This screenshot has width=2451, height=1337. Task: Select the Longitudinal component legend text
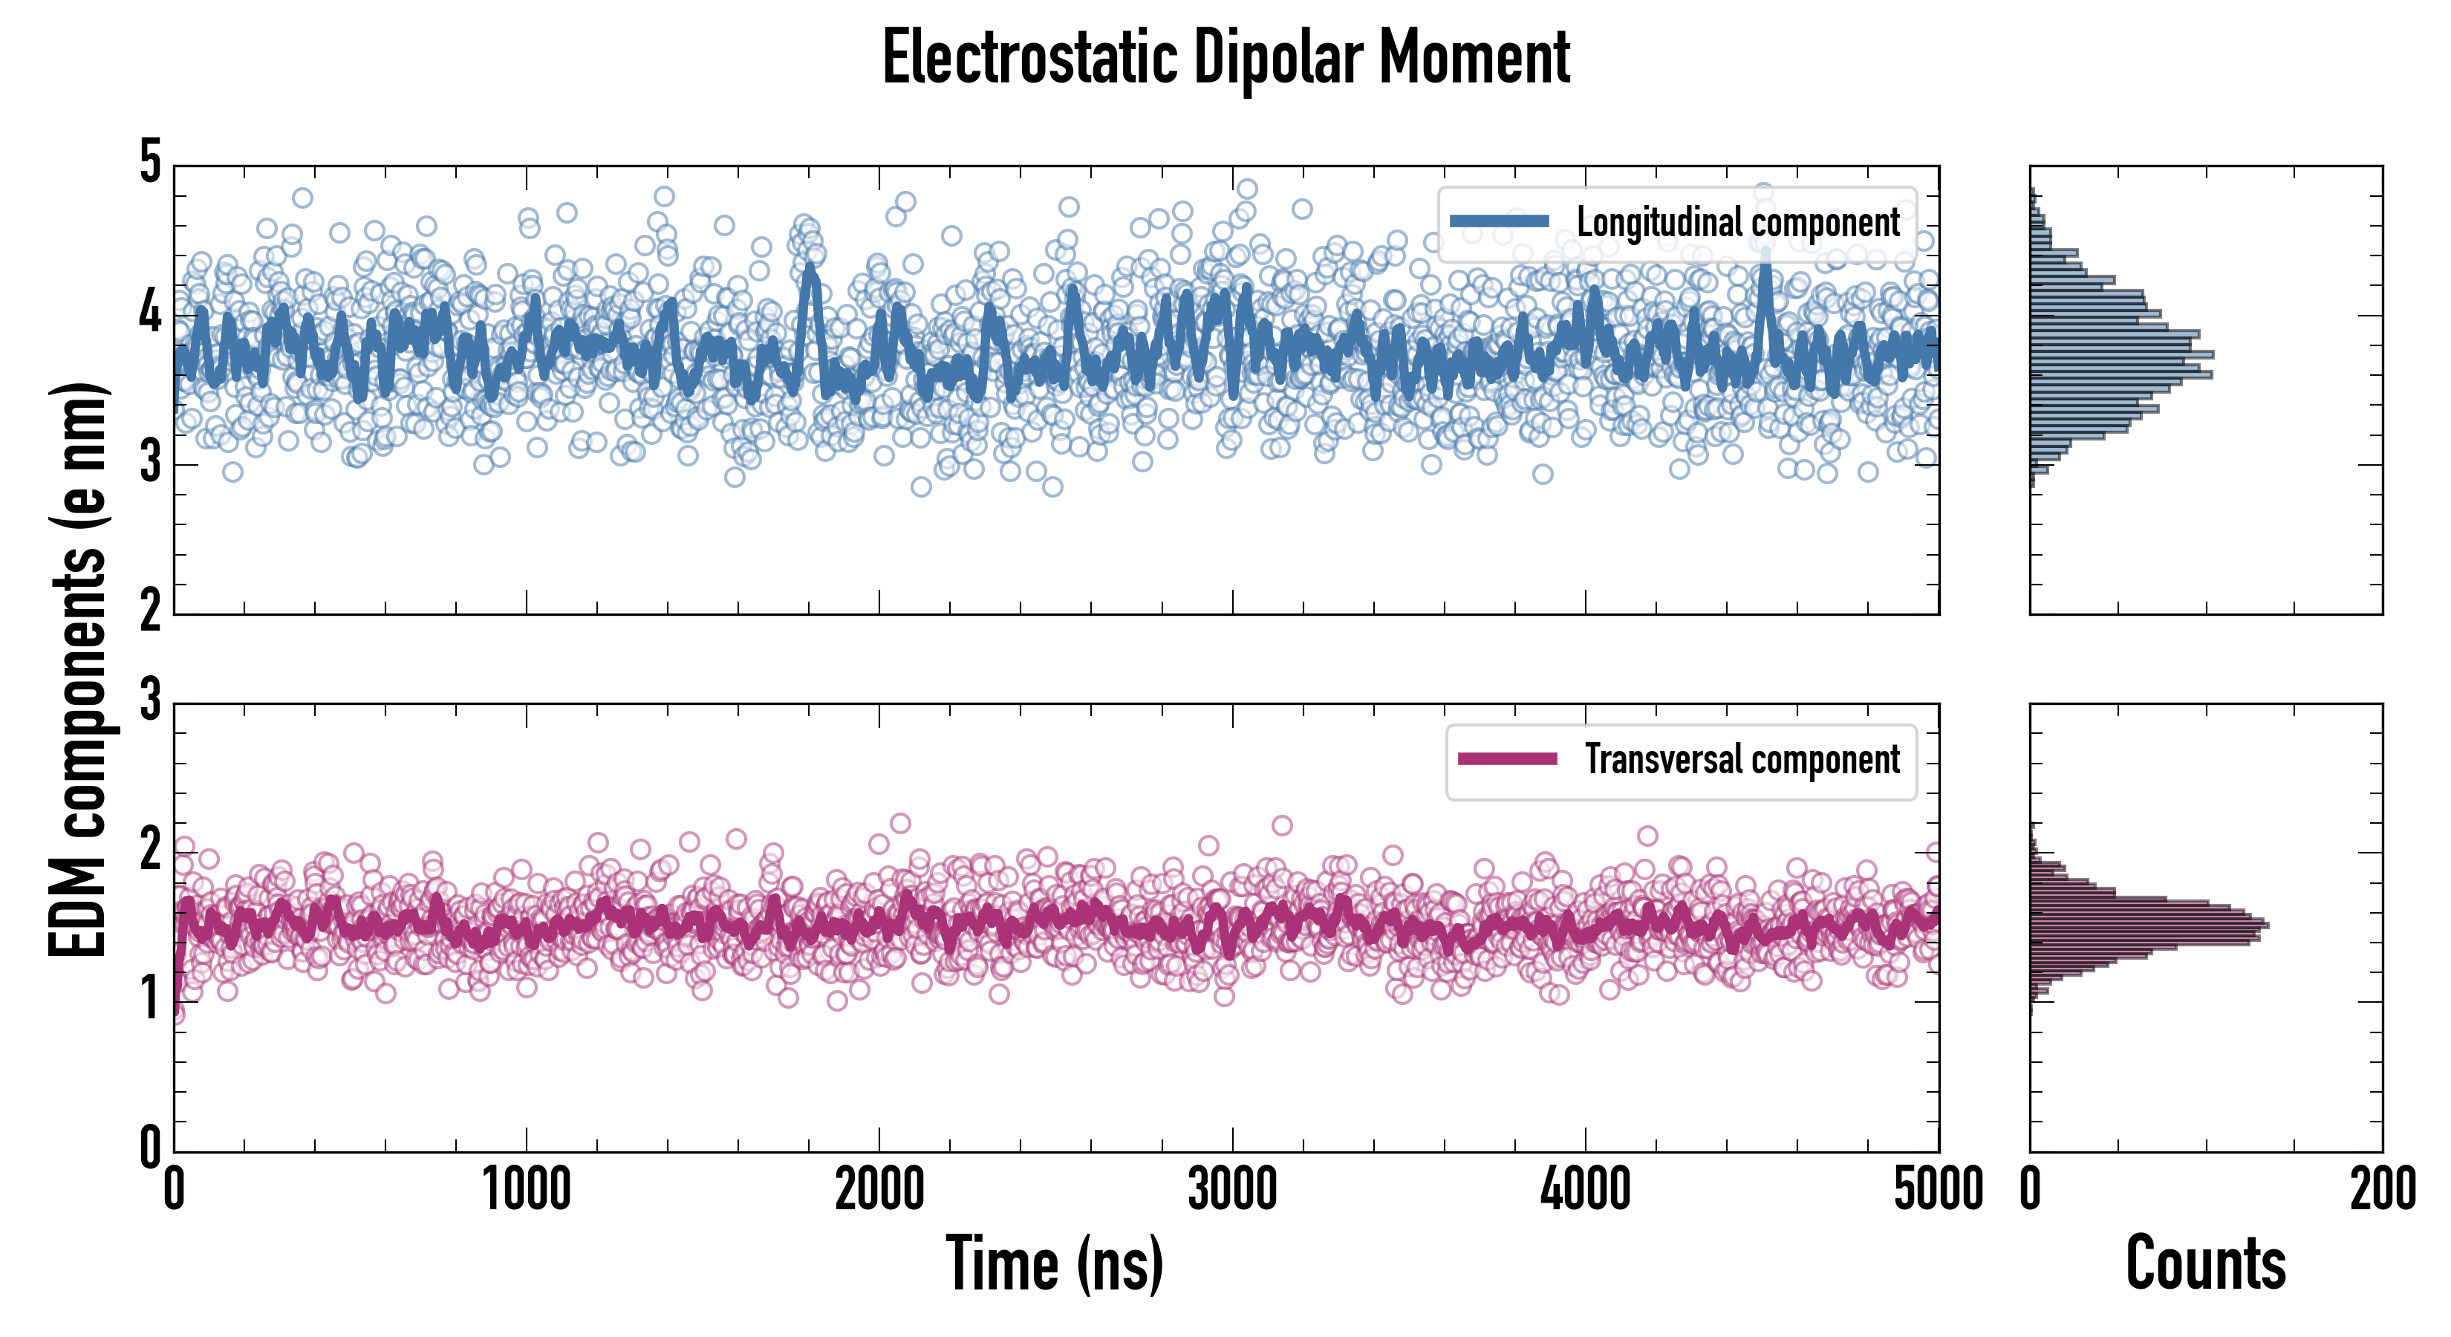[1737, 223]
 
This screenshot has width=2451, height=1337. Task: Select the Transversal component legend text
[1741, 759]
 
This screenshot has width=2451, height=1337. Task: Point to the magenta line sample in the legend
[1507, 758]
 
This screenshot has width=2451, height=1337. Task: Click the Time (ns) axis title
[1054, 1263]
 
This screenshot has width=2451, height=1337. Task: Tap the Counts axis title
[2205, 1263]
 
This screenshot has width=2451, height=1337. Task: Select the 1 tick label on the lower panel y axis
[150, 1000]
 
